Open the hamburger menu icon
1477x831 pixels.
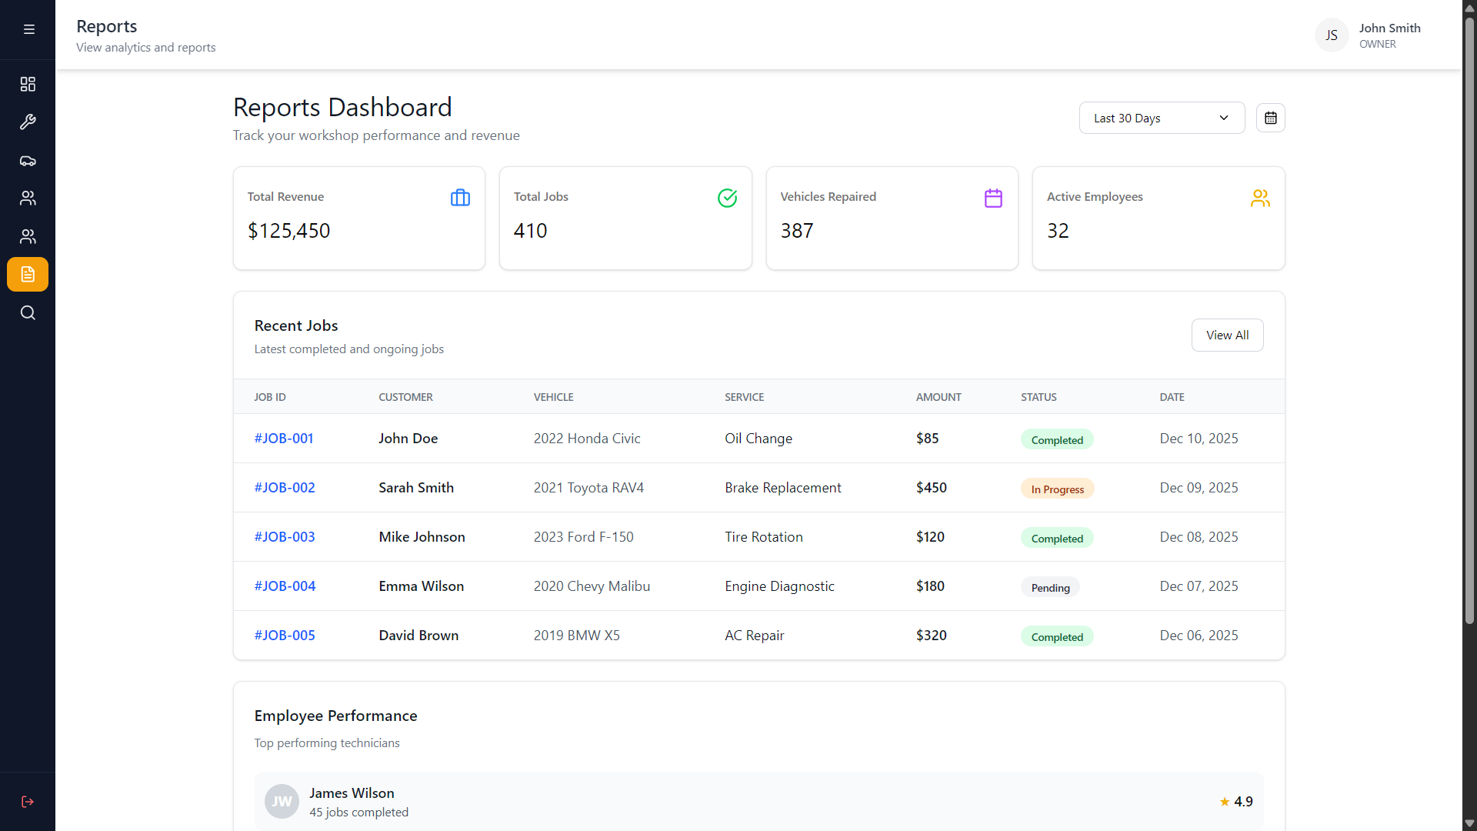pos(29,29)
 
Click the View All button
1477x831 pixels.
pos(1227,335)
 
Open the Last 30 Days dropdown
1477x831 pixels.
pos(1162,118)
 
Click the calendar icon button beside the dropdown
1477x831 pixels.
pos(1271,118)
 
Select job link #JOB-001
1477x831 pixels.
pos(284,439)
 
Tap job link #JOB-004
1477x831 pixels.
pos(285,586)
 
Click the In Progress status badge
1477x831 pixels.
pos(1057,489)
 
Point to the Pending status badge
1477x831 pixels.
pos(1050,588)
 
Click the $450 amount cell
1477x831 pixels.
pos(932,488)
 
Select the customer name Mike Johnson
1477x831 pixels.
pos(422,537)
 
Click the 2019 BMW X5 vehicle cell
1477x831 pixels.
pos(577,636)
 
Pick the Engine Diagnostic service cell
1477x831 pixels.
pos(779,586)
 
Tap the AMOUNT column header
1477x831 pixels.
pos(939,397)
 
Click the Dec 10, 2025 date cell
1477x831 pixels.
pos(1199,439)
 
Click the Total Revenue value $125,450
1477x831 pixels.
pos(288,231)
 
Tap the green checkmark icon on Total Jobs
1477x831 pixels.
pos(727,198)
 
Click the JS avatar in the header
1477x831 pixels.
pos(1332,35)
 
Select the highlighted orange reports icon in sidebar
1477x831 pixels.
pos(28,275)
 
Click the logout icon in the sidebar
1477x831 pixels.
pos(28,802)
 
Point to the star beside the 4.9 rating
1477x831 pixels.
pos(1225,802)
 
